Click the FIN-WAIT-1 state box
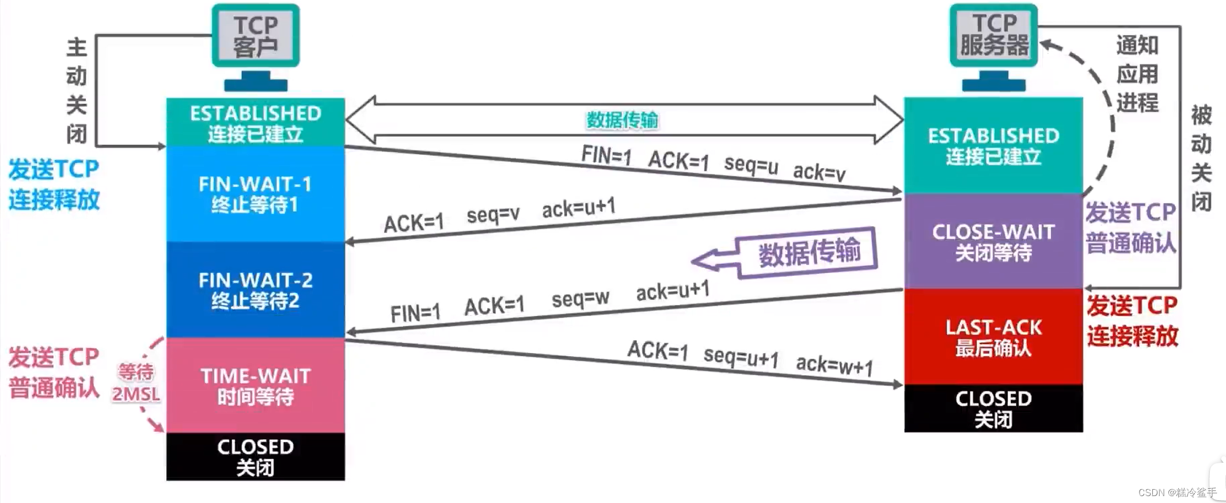[255, 194]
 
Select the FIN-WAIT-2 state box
[255, 289]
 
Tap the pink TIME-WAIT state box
[255, 385]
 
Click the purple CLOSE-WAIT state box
[993, 242]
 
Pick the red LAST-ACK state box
[993, 337]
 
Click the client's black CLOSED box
[255, 456]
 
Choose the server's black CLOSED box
[993, 409]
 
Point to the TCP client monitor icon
[256, 46]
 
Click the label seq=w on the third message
[580, 299]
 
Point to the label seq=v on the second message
[493, 215]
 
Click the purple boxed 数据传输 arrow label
[809, 253]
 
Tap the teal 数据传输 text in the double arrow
[622, 120]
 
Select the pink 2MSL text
[136, 394]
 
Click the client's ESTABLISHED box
[255, 123]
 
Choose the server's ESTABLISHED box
[993, 146]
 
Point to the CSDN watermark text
[1177, 493]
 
